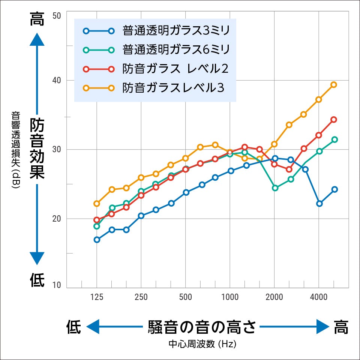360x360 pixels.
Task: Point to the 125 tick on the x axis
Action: tap(97, 297)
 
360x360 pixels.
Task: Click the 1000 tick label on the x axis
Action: tap(230, 297)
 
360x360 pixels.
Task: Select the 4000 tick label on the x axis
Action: tap(319, 297)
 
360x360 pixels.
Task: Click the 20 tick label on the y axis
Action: tap(57, 219)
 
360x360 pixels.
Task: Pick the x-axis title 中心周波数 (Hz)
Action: tap(202, 344)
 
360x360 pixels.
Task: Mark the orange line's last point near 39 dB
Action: tap(333, 85)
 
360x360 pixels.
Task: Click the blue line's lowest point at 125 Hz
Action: tap(97, 240)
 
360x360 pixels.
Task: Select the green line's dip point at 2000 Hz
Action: tap(275, 188)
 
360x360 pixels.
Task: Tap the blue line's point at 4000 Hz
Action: tap(319, 204)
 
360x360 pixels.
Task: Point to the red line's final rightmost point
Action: tap(333, 120)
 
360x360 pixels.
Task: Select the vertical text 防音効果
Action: tap(37, 148)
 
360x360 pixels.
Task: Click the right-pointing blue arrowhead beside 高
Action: tap(322, 327)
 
